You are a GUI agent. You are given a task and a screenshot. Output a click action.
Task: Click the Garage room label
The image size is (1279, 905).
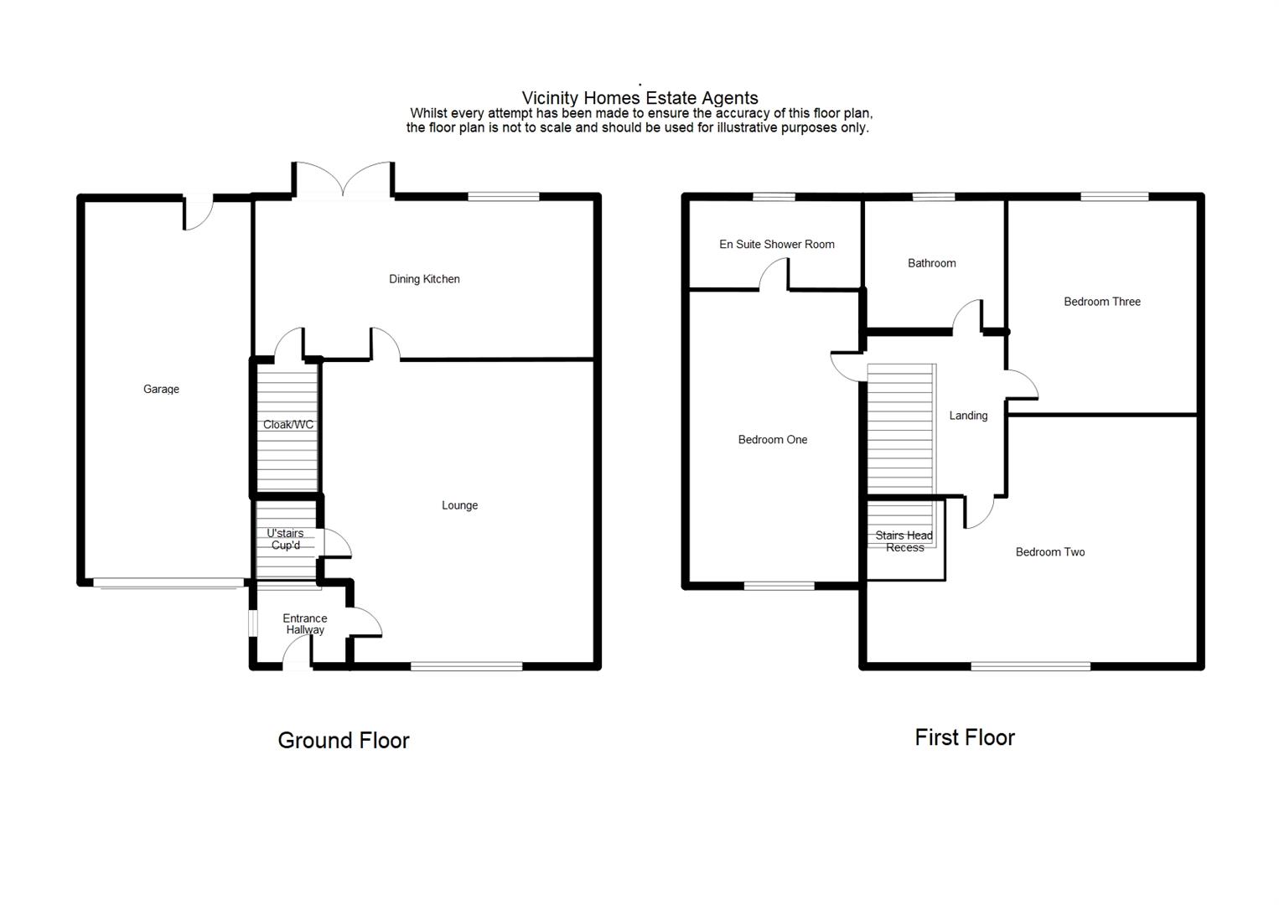tap(161, 389)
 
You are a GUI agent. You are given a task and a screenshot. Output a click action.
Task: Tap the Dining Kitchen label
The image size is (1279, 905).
tap(424, 279)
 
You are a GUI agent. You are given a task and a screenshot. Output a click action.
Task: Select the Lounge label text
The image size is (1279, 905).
tap(459, 505)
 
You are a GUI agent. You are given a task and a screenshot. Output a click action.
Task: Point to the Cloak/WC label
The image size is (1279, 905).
tap(288, 425)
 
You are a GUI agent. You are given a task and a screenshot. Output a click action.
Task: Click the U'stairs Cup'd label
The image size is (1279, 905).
tap(285, 540)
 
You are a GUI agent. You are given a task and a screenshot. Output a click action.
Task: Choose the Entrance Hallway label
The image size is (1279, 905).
tap(305, 624)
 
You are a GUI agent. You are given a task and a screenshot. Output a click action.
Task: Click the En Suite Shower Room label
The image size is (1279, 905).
tap(777, 245)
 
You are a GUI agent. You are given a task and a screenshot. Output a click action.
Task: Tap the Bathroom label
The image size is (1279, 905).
tap(931, 263)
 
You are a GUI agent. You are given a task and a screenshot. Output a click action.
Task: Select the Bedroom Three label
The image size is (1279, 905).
tap(1102, 302)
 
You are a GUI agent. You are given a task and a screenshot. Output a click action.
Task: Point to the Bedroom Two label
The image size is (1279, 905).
tap(1050, 552)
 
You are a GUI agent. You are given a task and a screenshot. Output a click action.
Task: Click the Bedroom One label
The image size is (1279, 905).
tap(773, 440)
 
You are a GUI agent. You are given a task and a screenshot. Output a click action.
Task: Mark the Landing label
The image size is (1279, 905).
tap(968, 416)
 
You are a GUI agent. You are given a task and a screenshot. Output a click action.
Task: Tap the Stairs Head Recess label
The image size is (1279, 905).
tap(904, 541)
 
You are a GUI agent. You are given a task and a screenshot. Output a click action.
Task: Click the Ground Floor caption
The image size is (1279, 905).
tap(344, 741)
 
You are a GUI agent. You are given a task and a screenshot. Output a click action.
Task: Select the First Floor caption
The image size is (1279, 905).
tap(965, 737)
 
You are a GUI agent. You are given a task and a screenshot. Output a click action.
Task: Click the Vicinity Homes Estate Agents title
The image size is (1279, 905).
tap(639, 98)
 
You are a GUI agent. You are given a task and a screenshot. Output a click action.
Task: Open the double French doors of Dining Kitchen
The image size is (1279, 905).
tap(344, 180)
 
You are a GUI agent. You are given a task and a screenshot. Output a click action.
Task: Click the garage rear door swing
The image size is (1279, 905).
tap(198, 214)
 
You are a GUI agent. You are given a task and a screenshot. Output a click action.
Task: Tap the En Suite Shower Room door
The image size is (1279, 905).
tap(774, 276)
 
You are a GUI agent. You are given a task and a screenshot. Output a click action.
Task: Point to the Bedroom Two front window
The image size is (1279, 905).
tap(1031, 666)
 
